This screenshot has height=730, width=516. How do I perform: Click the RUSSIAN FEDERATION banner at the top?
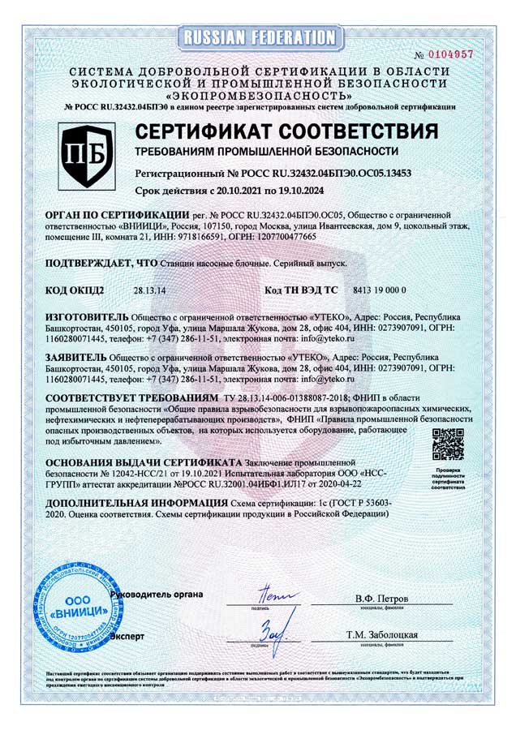(259, 36)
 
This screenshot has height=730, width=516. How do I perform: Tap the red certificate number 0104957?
(449, 54)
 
